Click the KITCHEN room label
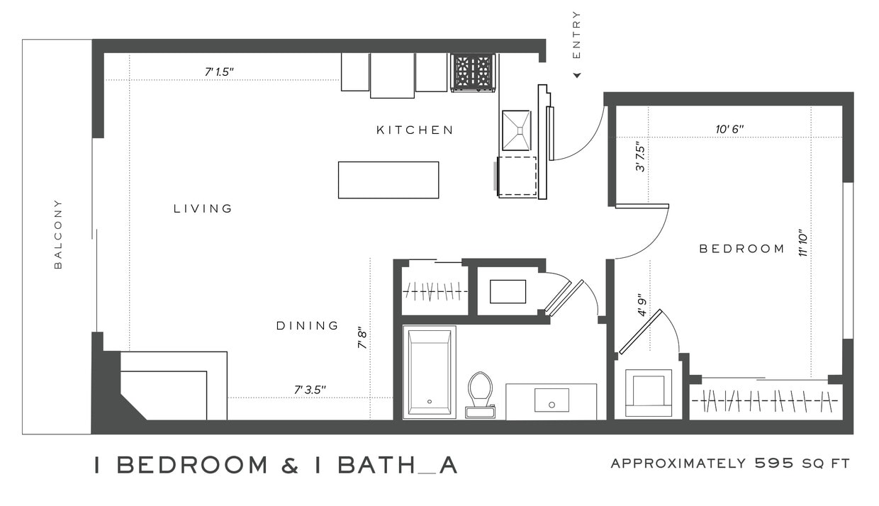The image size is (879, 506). (x=415, y=130)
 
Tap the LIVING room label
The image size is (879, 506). (x=203, y=208)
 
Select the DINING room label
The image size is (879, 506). (x=308, y=325)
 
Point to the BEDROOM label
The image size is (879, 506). (x=742, y=249)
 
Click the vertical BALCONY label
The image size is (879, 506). (x=58, y=235)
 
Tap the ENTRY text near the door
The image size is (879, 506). (x=576, y=35)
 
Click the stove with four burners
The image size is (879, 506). (x=472, y=72)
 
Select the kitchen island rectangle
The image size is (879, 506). (x=388, y=180)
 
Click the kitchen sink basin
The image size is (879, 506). (x=516, y=130)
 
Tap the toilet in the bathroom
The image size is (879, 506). (x=480, y=392)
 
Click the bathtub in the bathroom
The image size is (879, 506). (x=429, y=372)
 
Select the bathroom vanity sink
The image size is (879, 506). (x=552, y=400)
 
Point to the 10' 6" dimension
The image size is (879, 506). (x=729, y=129)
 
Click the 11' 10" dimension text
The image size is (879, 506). (x=803, y=242)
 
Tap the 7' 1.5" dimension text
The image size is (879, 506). (x=219, y=72)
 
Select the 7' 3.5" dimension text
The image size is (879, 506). (x=310, y=390)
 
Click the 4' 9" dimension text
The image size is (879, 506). (x=642, y=305)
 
